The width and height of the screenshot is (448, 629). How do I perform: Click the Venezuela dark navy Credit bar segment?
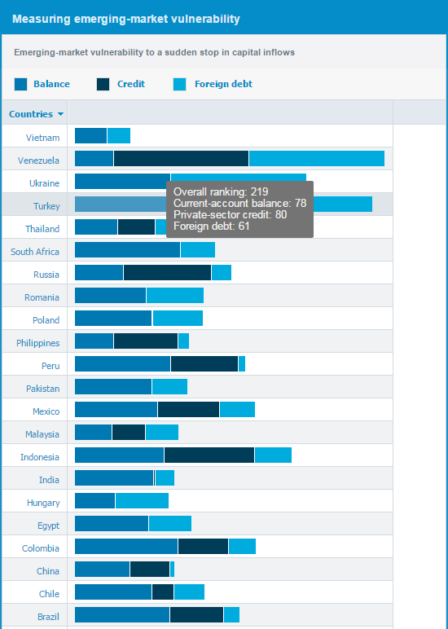(182, 158)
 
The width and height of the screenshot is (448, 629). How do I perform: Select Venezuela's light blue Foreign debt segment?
(317, 158)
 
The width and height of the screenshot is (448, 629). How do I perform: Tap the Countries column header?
(31, 114)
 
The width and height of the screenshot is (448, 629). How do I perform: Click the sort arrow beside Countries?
(60, 114)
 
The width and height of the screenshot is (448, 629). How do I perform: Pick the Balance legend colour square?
(21, 84)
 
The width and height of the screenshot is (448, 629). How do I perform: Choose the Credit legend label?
(131, 84)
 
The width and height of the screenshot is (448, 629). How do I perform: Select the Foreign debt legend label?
(223, 84)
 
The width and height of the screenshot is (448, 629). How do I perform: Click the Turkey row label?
(46, 206)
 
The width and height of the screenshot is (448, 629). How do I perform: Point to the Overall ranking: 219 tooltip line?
(221, 191)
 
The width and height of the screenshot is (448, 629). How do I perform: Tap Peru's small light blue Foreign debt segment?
(242, 364)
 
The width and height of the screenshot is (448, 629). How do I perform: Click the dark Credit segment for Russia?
(167, 272)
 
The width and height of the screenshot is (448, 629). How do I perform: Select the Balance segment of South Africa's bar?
(128, 249)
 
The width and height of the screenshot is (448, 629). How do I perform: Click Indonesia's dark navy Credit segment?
(209, 455)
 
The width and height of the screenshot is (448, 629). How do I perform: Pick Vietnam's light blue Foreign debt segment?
(119, 135)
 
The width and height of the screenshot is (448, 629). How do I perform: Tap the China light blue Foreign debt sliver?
(173, 569)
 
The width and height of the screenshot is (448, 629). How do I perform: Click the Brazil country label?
(49, 617)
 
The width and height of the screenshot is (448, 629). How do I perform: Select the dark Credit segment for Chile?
(163, 592)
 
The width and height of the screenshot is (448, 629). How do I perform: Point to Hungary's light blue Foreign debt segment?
(142, 500)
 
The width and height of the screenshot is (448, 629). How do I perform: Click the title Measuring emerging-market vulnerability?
(126, 19)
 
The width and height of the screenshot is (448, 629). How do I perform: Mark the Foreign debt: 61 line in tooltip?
(211, 226)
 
